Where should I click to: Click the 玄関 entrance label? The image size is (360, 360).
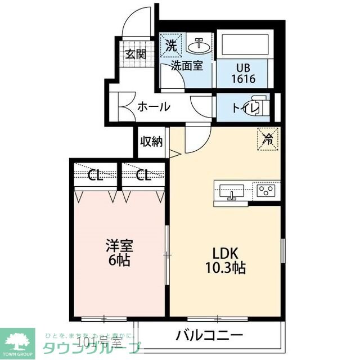pos(136,55)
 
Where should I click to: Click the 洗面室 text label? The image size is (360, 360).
pos(187,66)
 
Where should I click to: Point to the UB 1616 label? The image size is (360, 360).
pos(243,73)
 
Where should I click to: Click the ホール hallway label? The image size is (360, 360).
pos(154,106)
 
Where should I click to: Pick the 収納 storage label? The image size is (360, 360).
pos(151,141)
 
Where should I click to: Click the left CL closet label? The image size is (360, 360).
pos(96,175)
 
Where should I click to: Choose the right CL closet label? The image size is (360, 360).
pos(143,175)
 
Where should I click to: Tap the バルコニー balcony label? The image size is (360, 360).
pos(209,336)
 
